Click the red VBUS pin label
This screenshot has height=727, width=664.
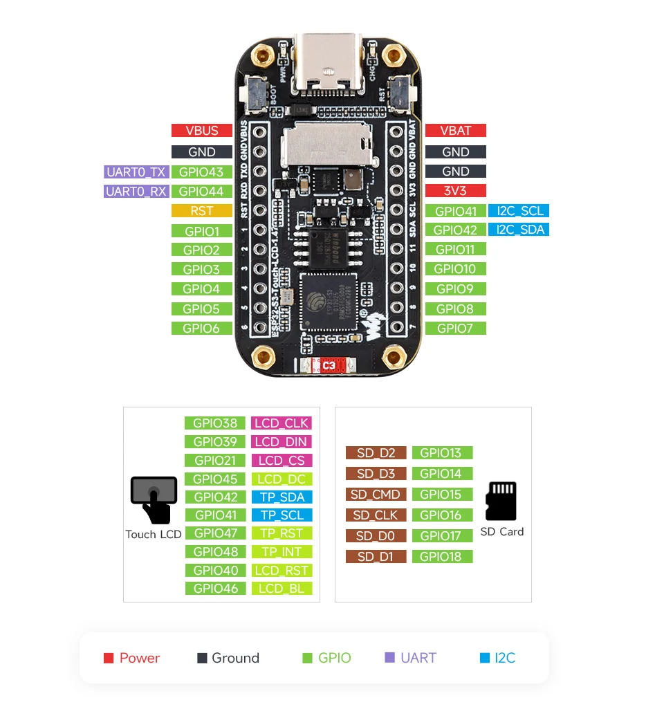pos(201,131)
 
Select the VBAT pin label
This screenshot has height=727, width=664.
pos(455,131)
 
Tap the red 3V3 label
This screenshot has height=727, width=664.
pos(455,191)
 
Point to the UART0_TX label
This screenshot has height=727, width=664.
pos(136,172)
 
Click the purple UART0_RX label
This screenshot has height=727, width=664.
pos(136,192)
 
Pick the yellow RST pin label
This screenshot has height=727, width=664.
pos(201,211)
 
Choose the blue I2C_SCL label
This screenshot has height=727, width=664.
pos(518,211)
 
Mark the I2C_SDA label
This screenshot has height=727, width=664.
pos(518,230)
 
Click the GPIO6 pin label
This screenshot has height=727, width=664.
pos(201,329)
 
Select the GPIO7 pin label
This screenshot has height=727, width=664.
pos(455,329)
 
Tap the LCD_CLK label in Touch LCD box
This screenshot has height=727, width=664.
pos(282,423)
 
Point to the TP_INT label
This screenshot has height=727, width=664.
pos(282,552)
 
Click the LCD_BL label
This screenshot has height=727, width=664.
pos(282,589)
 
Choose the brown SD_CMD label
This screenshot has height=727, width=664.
pos(376,495)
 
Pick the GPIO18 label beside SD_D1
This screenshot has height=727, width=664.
pos(442,557)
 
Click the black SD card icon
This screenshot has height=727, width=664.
pos(501,501)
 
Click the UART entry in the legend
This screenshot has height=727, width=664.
pos(411,658)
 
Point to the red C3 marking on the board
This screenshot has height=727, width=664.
pos(329,365)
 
